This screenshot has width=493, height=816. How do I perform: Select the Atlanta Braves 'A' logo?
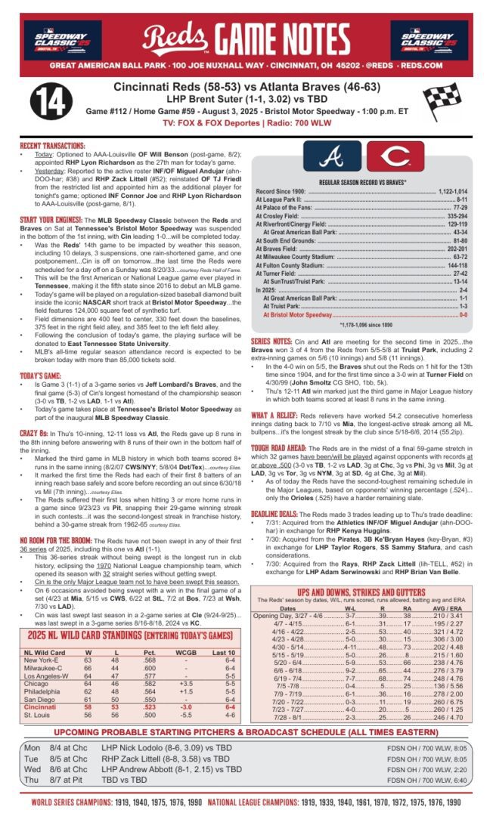(x=332, y=156)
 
